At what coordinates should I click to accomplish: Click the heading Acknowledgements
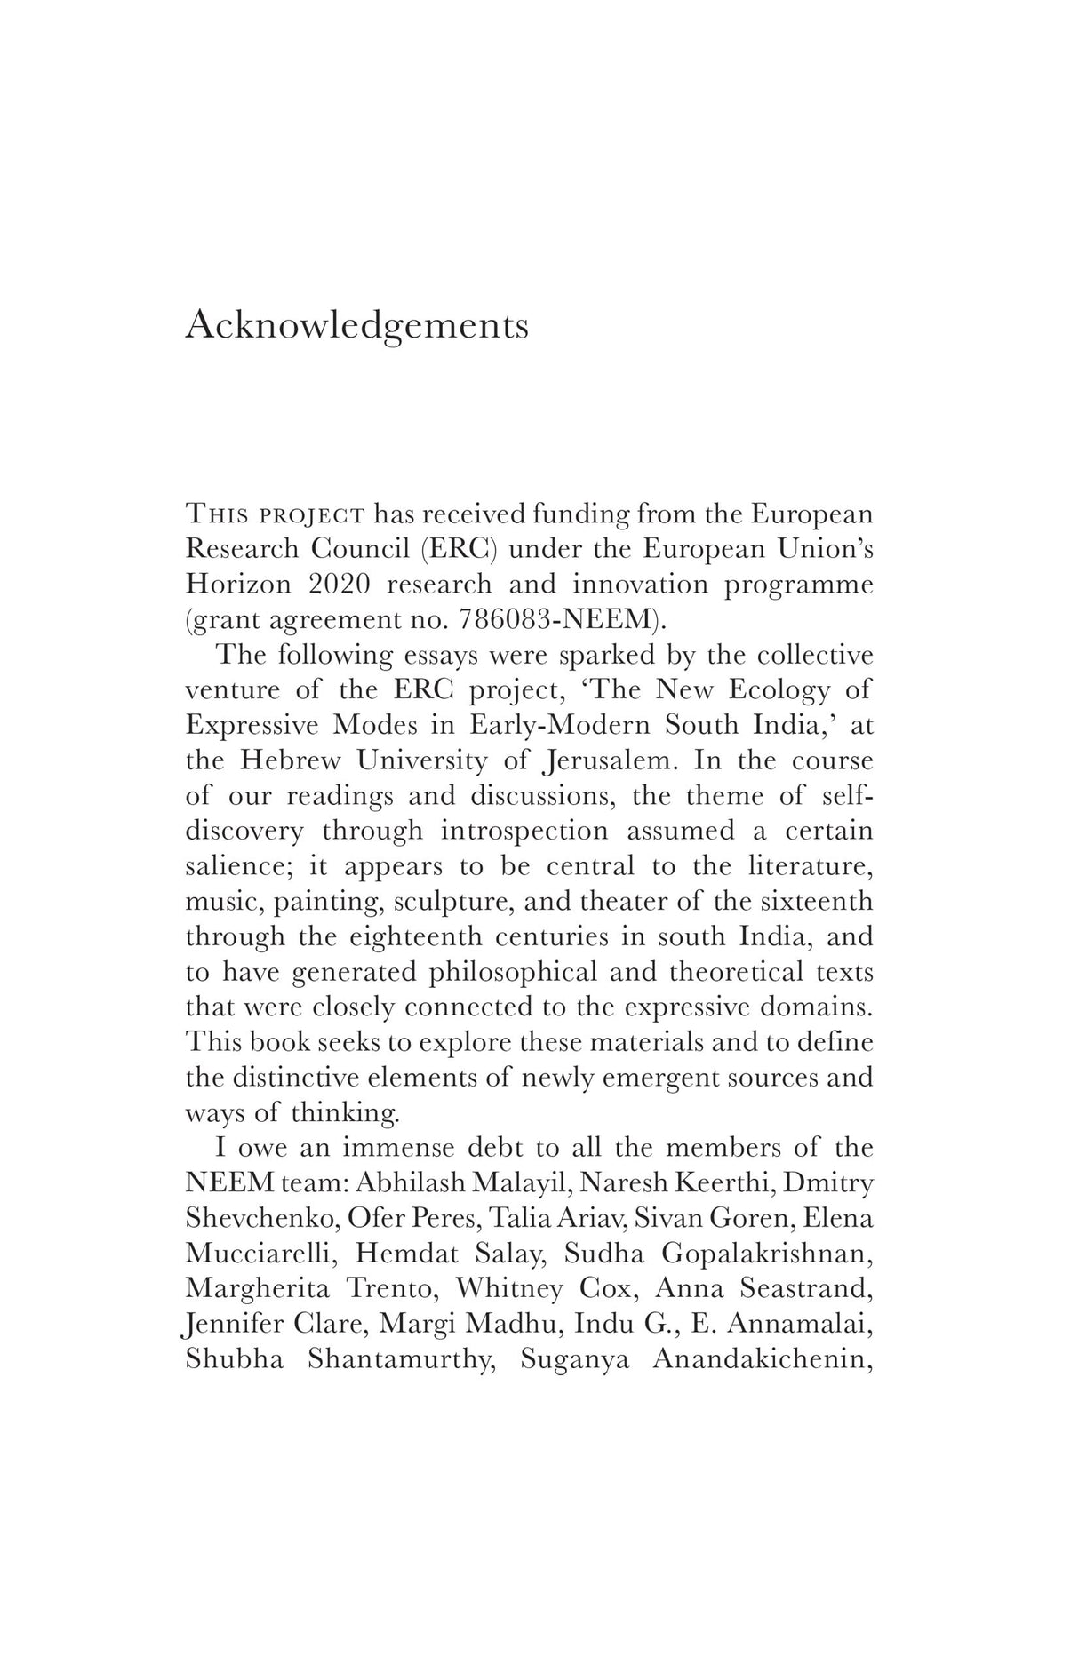click(356, 326)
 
